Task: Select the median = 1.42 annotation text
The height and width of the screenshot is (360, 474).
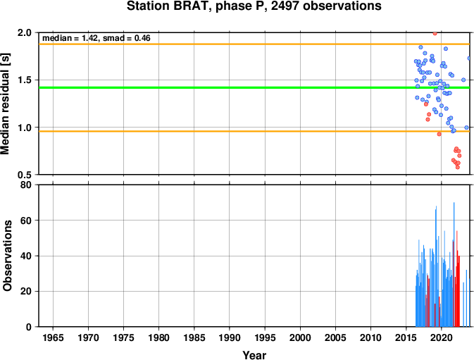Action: (70, 38)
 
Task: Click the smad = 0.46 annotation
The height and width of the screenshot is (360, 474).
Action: (126, 38)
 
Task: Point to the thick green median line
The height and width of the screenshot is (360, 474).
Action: (254, 87)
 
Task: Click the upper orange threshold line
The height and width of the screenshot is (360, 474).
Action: (254, 44)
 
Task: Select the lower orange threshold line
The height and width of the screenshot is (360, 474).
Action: (254, 131)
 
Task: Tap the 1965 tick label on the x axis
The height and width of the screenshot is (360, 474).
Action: (53, 337)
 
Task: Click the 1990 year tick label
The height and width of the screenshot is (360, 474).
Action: (230, 337)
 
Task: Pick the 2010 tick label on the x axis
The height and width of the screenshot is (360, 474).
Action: (370, 337)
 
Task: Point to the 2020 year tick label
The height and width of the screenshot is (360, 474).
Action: (442, 337)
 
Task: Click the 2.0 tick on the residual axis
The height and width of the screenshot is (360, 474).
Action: (25, 32)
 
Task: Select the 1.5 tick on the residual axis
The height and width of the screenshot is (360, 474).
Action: (25, 80)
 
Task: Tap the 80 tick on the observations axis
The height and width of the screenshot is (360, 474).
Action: (26, 185)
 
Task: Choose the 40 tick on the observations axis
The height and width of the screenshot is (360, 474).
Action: (26, 256)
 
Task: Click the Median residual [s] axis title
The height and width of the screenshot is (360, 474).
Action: (6, 104)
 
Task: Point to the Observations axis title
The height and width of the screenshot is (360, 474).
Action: (7, 256)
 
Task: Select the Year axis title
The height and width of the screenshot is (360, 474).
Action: (254, 355)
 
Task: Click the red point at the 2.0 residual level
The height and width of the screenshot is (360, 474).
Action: (435, 33)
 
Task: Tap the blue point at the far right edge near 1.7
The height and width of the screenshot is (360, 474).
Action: (469, 58)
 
